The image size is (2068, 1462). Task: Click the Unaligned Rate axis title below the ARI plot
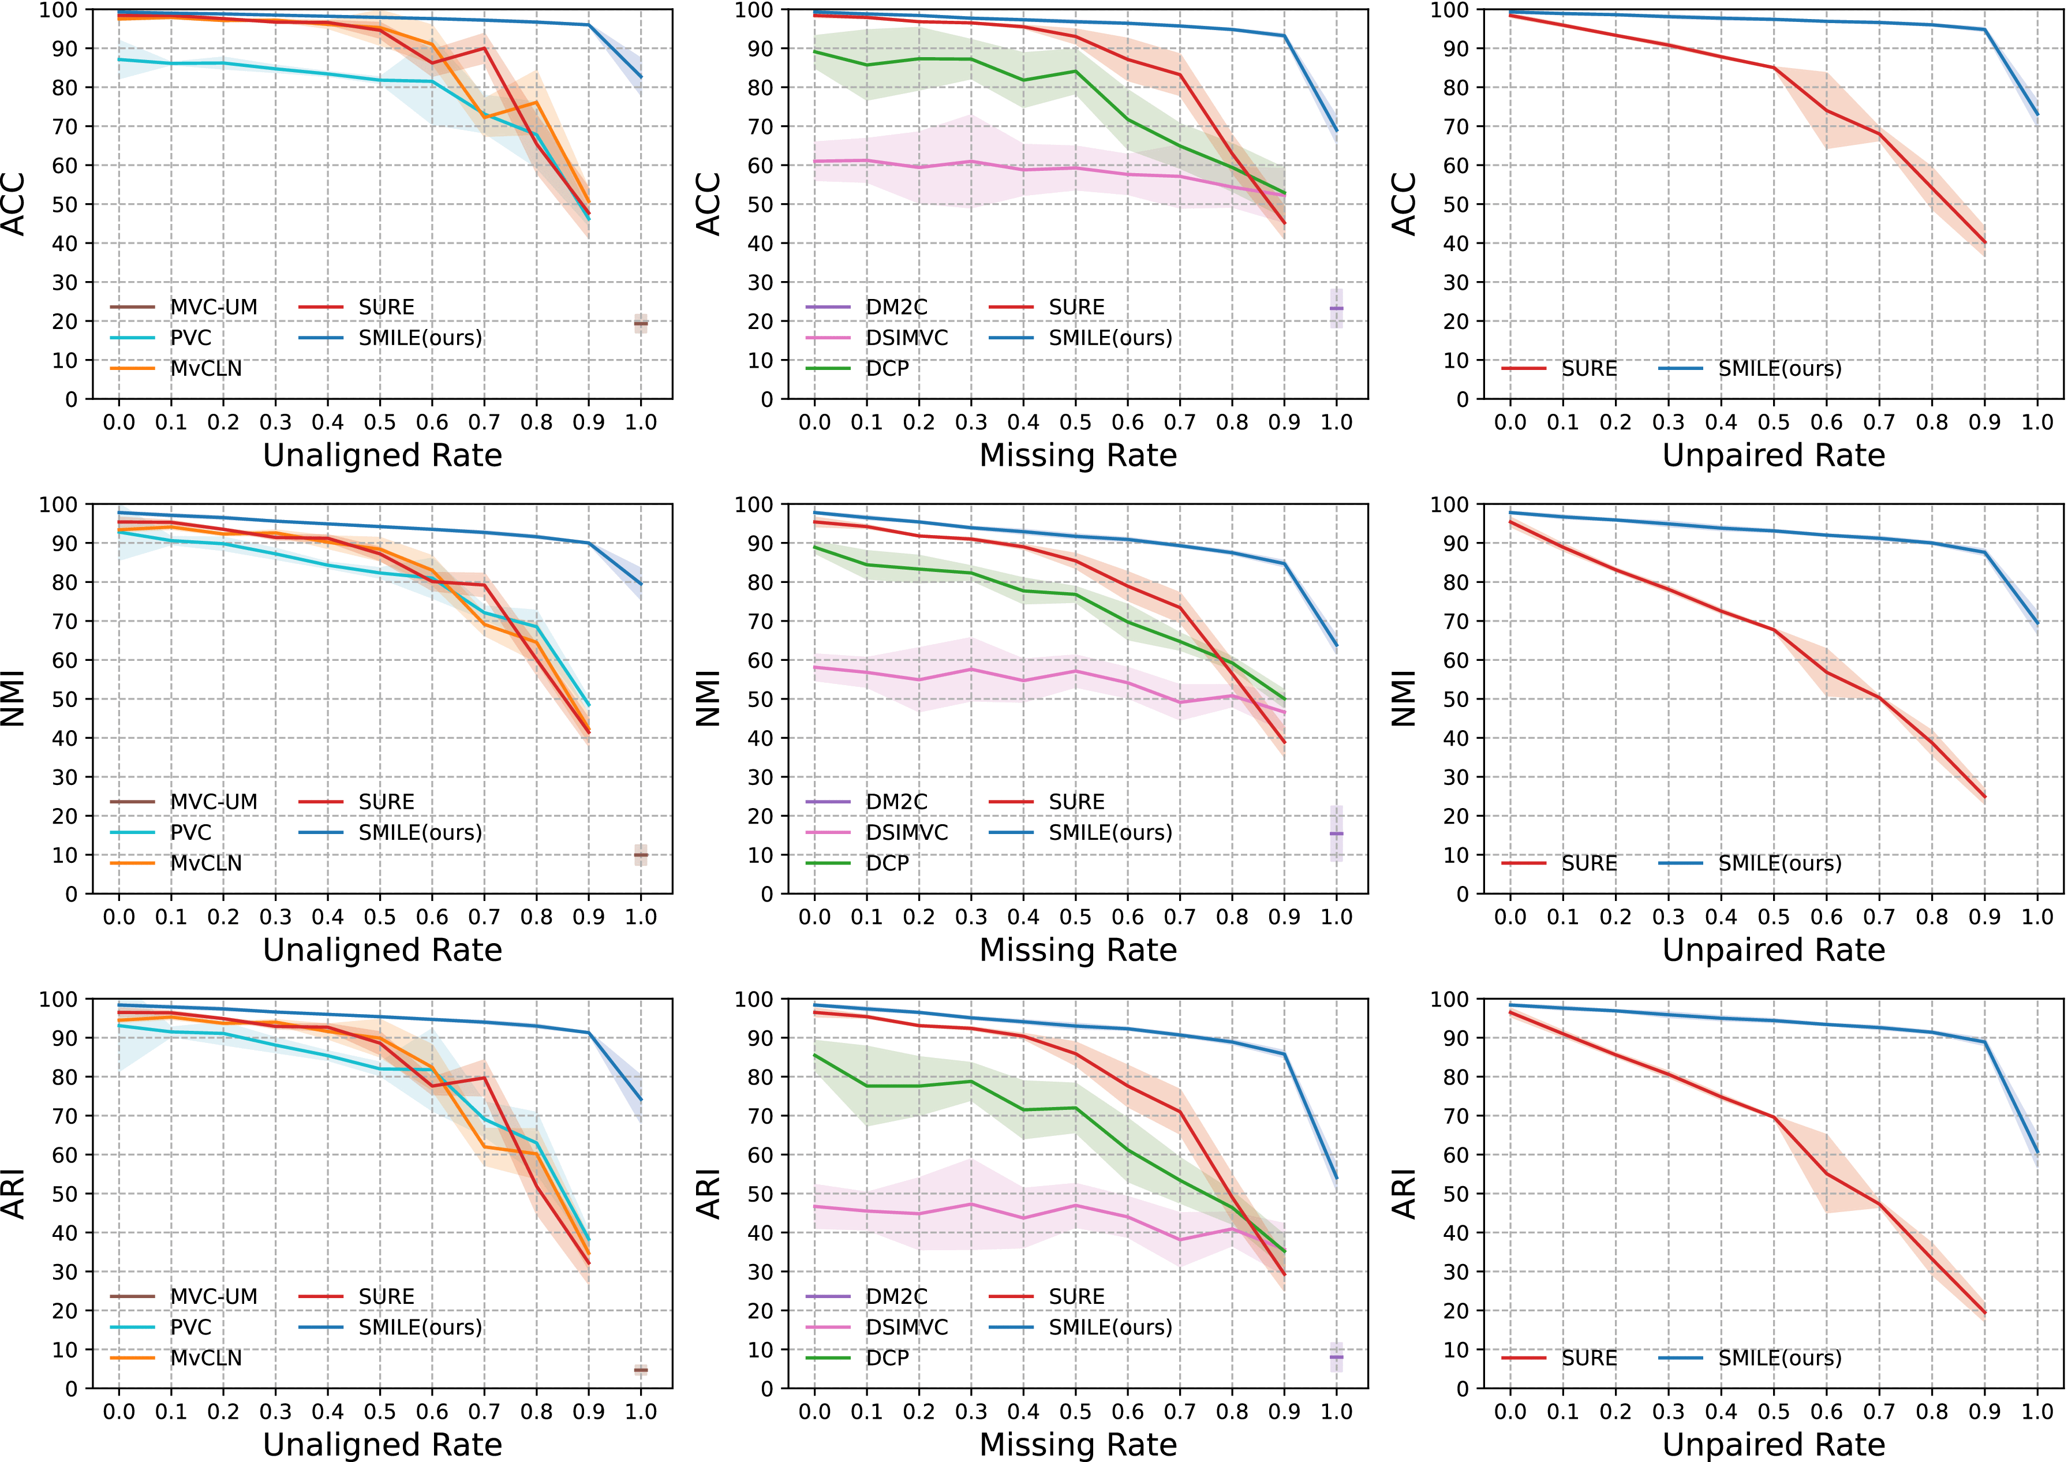click(x=382, y=1444)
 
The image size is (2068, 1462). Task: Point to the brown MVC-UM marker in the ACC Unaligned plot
click(x=641, y=323)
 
